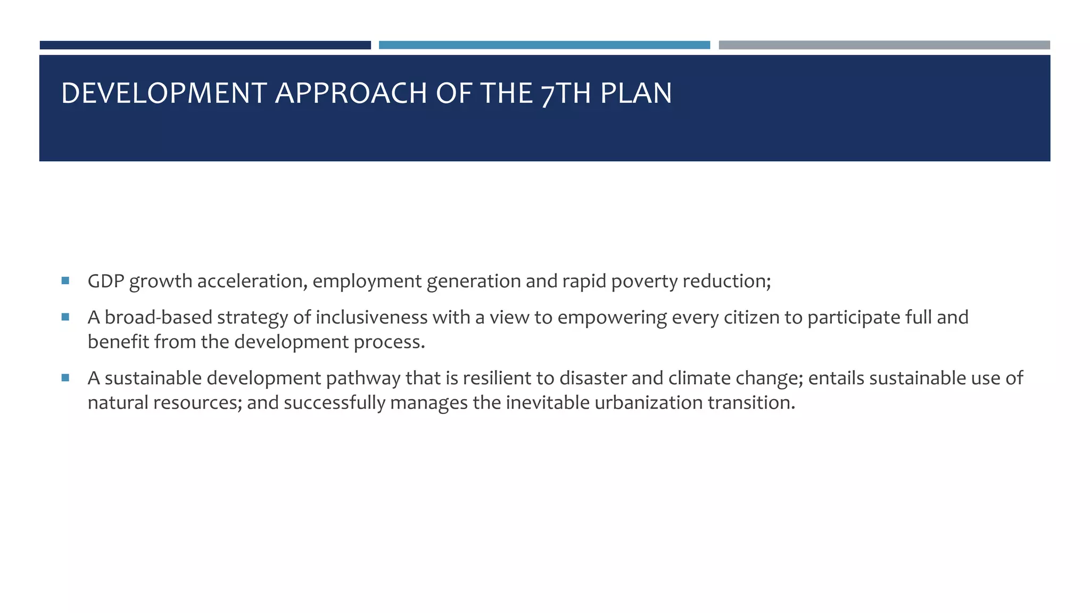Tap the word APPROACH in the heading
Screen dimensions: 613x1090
(351, 93)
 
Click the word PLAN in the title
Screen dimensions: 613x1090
(636, 93)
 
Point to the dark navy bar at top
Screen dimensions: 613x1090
(205, 45)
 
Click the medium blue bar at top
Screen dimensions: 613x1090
(544, 45)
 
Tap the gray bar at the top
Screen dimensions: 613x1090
(884, 45)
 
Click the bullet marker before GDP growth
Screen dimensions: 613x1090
(65, 280)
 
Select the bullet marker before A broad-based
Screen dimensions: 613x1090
(65, 317)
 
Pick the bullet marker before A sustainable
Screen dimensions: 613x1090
(65, 378)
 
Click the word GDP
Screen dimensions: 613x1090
(105, 281)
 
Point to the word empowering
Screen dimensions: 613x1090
(612, 317)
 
